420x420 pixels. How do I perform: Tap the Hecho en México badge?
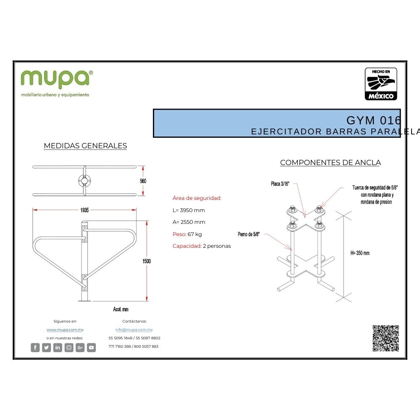(x=381, y=84)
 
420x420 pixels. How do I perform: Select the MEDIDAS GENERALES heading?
(x=85, y=146)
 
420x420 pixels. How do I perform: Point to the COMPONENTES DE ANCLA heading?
(x=331, y=163)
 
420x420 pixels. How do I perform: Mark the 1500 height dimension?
(x=146, y=261)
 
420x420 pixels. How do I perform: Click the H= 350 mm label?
(x=360, y=253)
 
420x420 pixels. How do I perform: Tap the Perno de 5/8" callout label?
(x=249, y=234)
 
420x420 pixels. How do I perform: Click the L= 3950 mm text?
(x=189, y=210)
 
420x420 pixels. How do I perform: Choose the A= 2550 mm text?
(x=189, y=222)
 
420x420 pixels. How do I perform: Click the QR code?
(x=386, y=338)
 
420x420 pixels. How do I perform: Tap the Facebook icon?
(x=35, y=347)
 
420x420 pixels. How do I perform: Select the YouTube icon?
(x=91, y=347)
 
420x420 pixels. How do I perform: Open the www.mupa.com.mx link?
(x=65, y=330)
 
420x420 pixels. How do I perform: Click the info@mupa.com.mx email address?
(x=134, y=330)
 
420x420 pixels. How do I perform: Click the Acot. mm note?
(x=121, y=310)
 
